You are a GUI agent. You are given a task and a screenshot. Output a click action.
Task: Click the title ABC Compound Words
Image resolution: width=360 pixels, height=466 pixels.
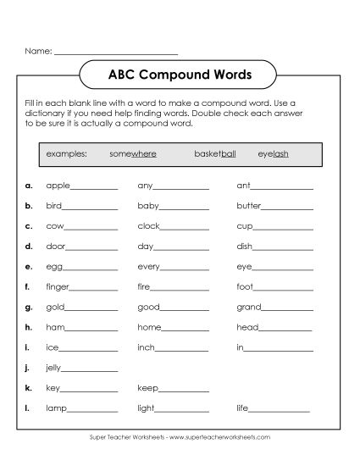click(179, 74)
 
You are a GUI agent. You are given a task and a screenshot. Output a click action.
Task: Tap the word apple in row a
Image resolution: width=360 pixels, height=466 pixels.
click(58, 185)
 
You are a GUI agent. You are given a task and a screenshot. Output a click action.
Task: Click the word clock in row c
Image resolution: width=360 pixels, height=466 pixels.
click(148, 226)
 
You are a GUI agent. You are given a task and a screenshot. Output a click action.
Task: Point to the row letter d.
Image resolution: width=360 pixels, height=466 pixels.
click(29, 246)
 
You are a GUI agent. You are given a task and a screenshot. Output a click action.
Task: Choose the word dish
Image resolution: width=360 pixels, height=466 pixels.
click(245, 246)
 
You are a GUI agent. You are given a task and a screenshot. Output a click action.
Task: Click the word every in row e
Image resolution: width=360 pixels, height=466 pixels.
click(149, 266)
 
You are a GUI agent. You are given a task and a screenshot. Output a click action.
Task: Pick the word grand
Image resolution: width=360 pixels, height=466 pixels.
click(249, 307)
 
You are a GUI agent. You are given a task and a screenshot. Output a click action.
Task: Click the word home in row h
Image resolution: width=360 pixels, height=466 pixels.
click(148, 327)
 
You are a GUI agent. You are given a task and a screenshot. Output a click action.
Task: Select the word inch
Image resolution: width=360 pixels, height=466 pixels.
click(146, 347)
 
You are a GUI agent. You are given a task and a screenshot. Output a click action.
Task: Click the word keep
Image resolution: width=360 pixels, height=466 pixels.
click(147, 388)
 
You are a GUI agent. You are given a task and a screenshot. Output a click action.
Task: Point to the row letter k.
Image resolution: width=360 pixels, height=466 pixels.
click(29, 388)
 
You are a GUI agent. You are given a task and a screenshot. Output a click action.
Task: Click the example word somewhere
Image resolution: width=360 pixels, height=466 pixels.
click(133, 155)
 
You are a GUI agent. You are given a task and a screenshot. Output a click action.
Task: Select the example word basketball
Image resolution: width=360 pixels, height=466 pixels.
click(215, 155)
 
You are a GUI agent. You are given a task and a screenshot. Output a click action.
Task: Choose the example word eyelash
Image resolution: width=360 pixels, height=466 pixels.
click(274, 155)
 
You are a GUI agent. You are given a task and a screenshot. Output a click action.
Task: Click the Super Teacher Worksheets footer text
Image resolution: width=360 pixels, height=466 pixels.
click(180, 437)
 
